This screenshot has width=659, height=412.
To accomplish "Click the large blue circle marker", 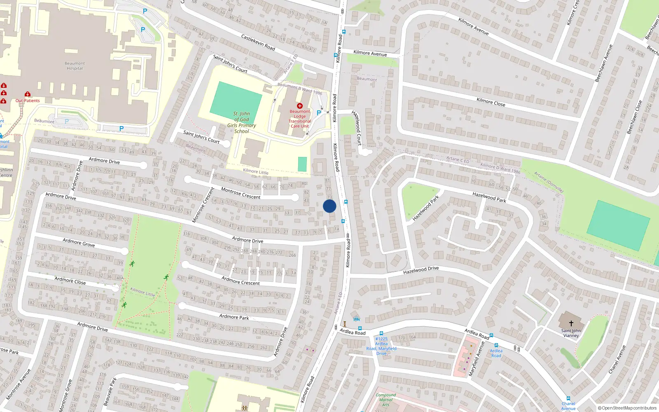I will pyautogui.click(x=329, y=206).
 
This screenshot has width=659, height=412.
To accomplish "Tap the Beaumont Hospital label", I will pyautogui.click(x=75, y=66).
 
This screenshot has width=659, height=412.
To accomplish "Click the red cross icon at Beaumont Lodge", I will pyautogui.click(x=299, y=106).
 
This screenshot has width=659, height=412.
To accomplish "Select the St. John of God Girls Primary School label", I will pyautogui.click(x=242, y=122).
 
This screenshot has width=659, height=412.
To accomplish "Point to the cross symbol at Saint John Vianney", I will pyautogui.click(x=571, y=323).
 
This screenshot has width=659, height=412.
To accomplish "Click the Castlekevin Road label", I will pyautogui.click(x=258, y=42).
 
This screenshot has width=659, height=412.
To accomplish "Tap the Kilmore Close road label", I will pyautogui.click(x=491, y=102).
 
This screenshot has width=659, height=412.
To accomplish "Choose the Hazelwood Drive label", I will pyautogui.click(x=421, y=270).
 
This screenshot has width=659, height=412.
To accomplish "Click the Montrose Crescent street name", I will pyautogui.click(x=241, y=193).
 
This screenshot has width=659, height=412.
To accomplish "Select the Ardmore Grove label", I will pyautogui.click(x=79, y=243).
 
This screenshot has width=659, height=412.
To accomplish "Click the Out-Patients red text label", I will pyautogui.click(x=28, y=101).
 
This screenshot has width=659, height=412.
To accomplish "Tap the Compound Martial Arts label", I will pyautogui.click(x=386, y=400).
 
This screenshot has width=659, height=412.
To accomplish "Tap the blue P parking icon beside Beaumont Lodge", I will pyautogui.click(x=319, y=112).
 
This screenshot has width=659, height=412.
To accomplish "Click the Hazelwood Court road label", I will pyautogui.click(x=357, y=128).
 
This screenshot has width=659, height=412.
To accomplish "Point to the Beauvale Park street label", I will pyautogui.click(x=110, y=391).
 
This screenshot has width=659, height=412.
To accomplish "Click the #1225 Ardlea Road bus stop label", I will pyautogui.click(x=381, y=346).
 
